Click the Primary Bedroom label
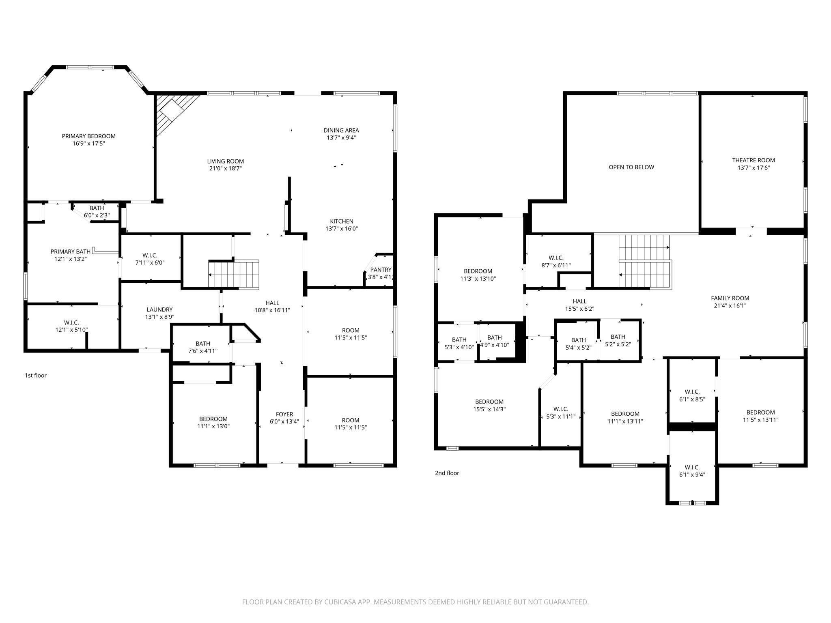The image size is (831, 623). [88, 136]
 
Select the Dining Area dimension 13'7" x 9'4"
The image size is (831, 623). [341, 138]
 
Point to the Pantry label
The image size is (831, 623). [381, 270]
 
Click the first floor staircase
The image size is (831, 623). [234, 274]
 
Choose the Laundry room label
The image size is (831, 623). [159, 309]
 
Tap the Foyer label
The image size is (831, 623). [284, 414]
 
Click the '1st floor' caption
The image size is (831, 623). [36, 376]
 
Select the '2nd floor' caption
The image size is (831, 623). [447, 473]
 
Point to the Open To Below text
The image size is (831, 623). [631, 167]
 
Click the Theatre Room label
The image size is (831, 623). [753, 160]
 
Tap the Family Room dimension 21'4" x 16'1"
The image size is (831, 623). [730, 306]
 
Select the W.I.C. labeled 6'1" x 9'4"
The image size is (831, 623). [692, 471]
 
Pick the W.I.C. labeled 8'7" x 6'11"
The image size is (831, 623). [555, 262]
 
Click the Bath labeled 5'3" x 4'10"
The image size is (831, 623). [459, 344]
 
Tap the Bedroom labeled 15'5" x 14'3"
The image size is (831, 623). [489, 406]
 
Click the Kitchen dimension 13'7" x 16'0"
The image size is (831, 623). [341, 229]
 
